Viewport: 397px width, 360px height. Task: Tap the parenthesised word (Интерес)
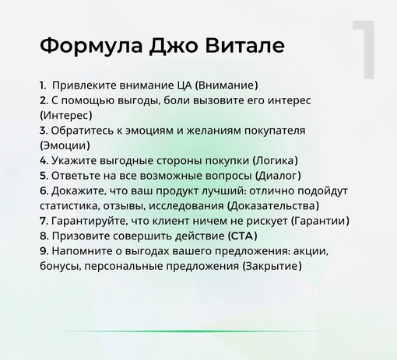coord(65,116)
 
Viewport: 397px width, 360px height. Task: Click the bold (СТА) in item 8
coord(242,236)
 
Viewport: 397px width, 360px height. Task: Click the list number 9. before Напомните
coord(43,251)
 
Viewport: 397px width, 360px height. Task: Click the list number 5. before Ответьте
coord(43,176)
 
